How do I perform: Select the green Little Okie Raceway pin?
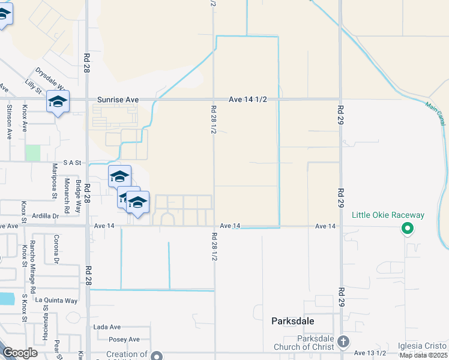[407, 228]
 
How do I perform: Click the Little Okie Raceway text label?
[388, 215]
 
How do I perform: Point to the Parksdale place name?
[292, 321]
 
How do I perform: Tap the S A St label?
[71, 163]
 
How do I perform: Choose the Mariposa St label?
[53, 181]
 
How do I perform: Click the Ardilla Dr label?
[46, 215]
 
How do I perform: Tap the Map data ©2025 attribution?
[423, 355]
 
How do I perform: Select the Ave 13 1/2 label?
[371, 353]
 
